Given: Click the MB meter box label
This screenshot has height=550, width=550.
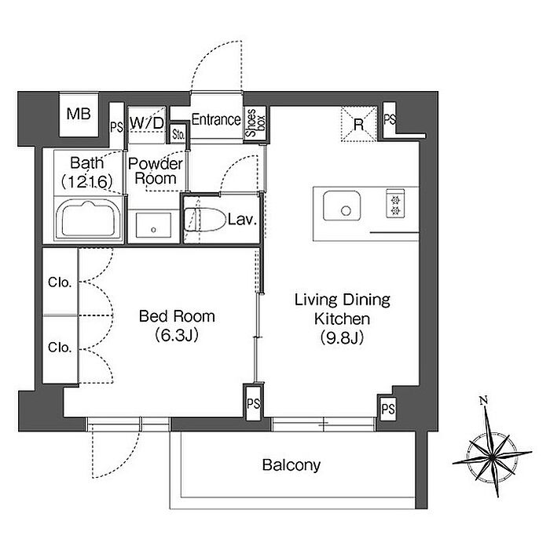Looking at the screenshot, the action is (79, 114).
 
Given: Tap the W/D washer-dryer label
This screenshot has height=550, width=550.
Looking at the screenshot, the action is (147, 122).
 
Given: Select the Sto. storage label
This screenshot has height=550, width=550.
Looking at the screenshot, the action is (179, 134).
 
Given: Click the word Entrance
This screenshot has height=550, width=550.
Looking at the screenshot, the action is (216, 119).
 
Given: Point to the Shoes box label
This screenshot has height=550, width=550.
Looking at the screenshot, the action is (255, 122).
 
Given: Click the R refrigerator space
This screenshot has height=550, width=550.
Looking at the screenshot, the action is (358, 124).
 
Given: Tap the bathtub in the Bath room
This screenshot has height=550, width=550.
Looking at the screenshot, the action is (89, 219).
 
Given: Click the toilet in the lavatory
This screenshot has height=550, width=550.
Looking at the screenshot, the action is (205, 220).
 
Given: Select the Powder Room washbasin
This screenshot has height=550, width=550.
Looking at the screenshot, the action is (153, 225).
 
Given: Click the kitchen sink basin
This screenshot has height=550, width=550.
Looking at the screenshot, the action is (342, 206).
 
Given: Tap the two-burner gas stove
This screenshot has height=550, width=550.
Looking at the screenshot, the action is (395, 203).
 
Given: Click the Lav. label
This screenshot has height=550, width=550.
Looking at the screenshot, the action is (242, 220).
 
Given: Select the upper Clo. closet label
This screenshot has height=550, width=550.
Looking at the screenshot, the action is (60, 282).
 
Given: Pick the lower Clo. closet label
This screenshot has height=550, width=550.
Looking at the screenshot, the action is (60, 348).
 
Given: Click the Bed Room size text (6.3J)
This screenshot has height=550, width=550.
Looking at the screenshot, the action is (177, 335).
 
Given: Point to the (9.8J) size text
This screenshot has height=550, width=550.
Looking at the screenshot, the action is (342, 338).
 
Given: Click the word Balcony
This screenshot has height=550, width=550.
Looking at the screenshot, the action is (291, 465).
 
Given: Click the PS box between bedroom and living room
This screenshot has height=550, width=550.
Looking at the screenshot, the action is (253, 402).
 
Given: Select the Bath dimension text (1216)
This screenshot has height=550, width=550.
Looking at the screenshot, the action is (86, 181).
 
